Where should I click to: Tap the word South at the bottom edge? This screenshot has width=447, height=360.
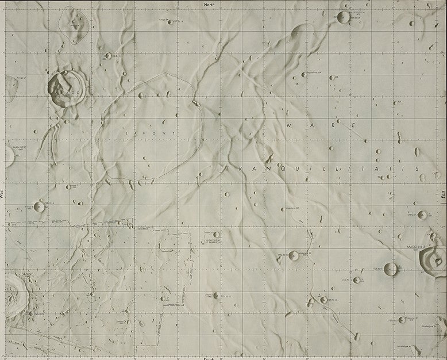point(209,358)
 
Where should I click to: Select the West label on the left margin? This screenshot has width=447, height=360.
point(2,195)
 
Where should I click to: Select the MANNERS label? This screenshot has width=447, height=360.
point(20,148)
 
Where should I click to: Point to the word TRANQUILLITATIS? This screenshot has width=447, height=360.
point(322,168)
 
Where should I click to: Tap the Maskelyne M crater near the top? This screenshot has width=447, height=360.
point(344,17)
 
